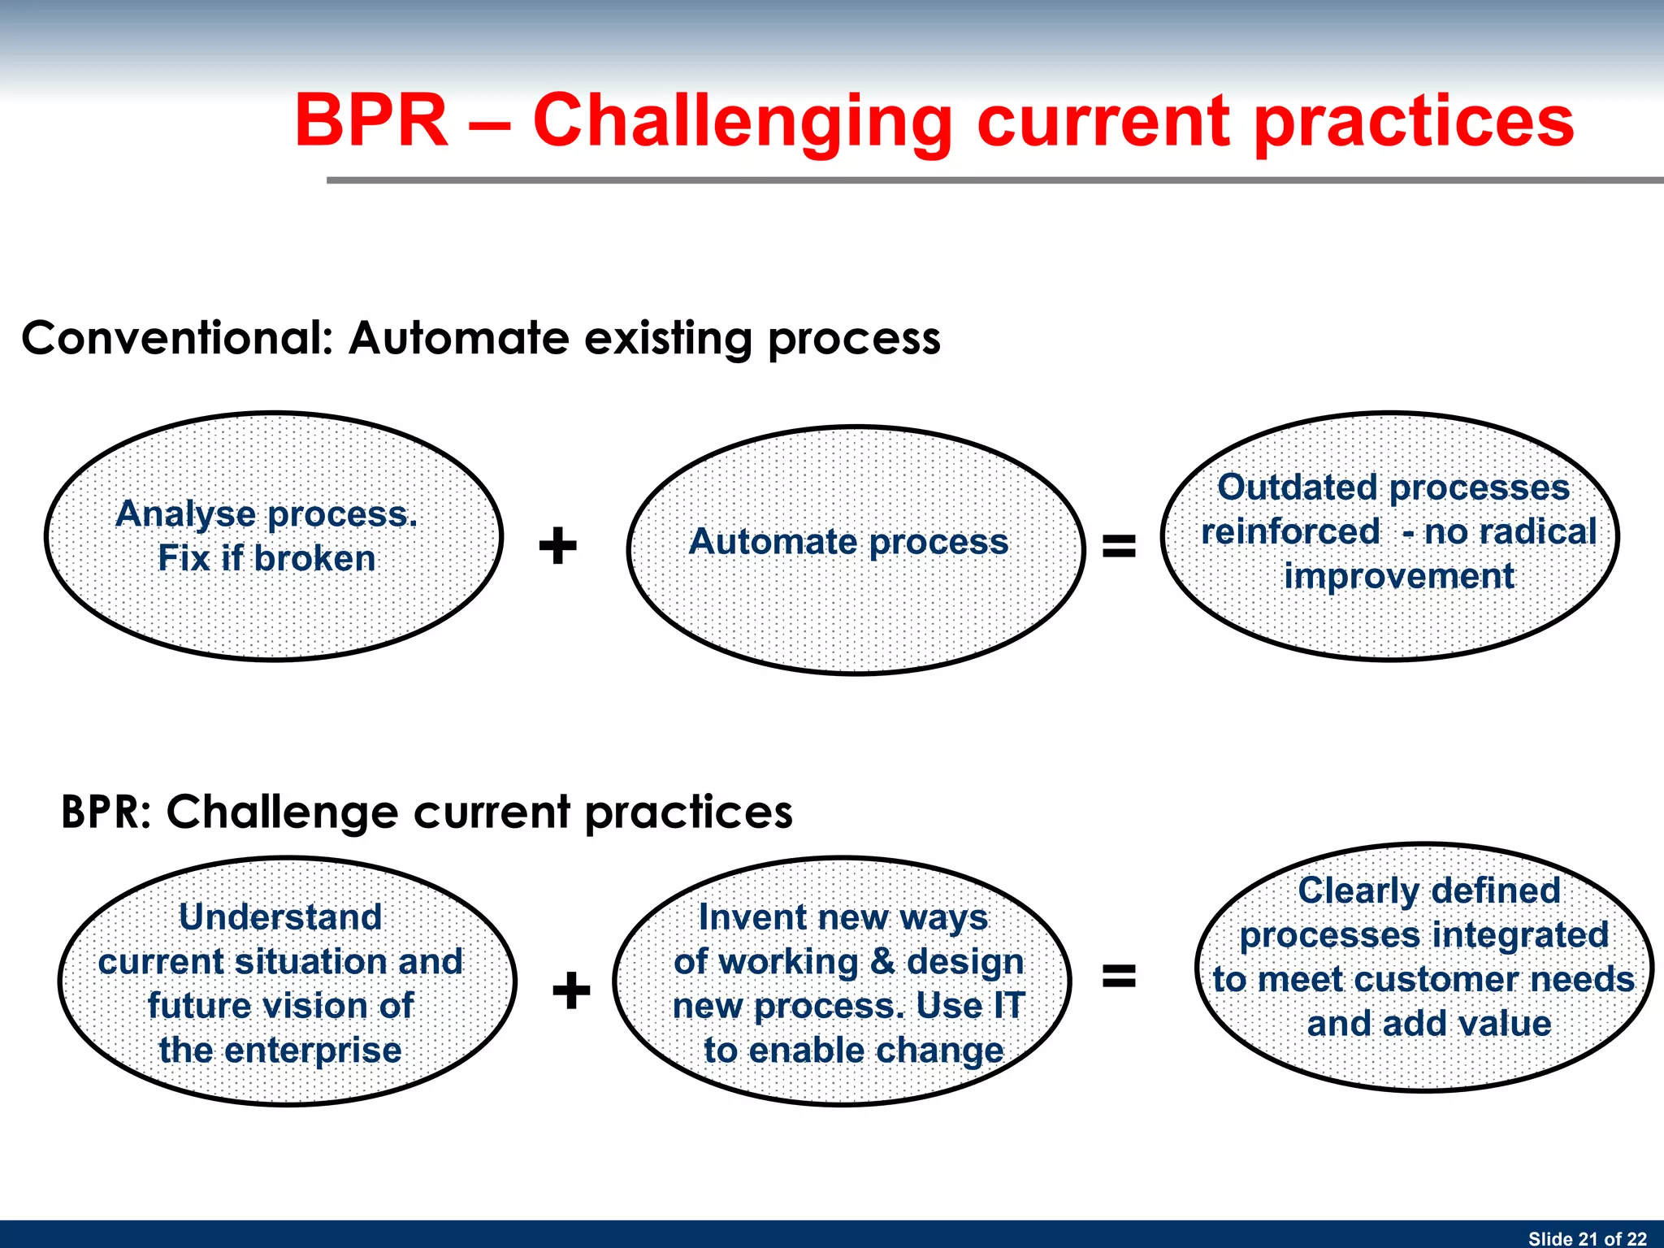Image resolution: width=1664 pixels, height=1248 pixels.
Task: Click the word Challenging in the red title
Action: pos(741,122)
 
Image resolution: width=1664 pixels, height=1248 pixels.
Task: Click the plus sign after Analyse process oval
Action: pos(558,545)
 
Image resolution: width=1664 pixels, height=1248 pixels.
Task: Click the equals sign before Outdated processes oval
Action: pos(1119,545)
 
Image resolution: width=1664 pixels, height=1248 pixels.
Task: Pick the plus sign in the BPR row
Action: pos(571,990)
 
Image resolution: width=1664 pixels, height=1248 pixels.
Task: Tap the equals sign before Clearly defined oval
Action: pos(1119,975)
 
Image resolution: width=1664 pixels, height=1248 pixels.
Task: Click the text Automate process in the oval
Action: pos(848,542)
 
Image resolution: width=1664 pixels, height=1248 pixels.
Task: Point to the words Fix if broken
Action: pos(266,559)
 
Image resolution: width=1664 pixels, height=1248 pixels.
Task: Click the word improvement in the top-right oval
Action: pos(1398,577)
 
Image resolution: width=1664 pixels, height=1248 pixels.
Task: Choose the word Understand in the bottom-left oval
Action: pos(280,917)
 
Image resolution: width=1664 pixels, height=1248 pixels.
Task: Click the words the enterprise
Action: pos(280,1051)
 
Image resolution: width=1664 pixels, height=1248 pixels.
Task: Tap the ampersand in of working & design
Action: pos(882,962)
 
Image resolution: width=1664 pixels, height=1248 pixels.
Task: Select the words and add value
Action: pos(1428,1024)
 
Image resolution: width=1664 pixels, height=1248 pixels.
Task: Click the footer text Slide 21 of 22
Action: pos(1587,1238)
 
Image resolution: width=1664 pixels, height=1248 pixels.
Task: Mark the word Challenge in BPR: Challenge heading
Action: pos(282,812)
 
